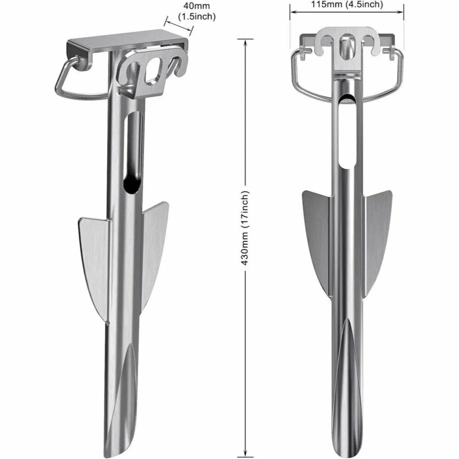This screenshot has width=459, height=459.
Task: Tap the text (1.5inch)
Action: click(x=197, y=17)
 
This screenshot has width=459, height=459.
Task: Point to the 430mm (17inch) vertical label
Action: click(x=245, y=228)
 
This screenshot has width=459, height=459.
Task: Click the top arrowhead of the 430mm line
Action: click(x=245, y=41)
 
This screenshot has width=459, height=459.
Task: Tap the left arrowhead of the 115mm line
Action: click(x=293, y=12)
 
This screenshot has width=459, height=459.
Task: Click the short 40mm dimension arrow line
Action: click(x=179, y=25)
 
